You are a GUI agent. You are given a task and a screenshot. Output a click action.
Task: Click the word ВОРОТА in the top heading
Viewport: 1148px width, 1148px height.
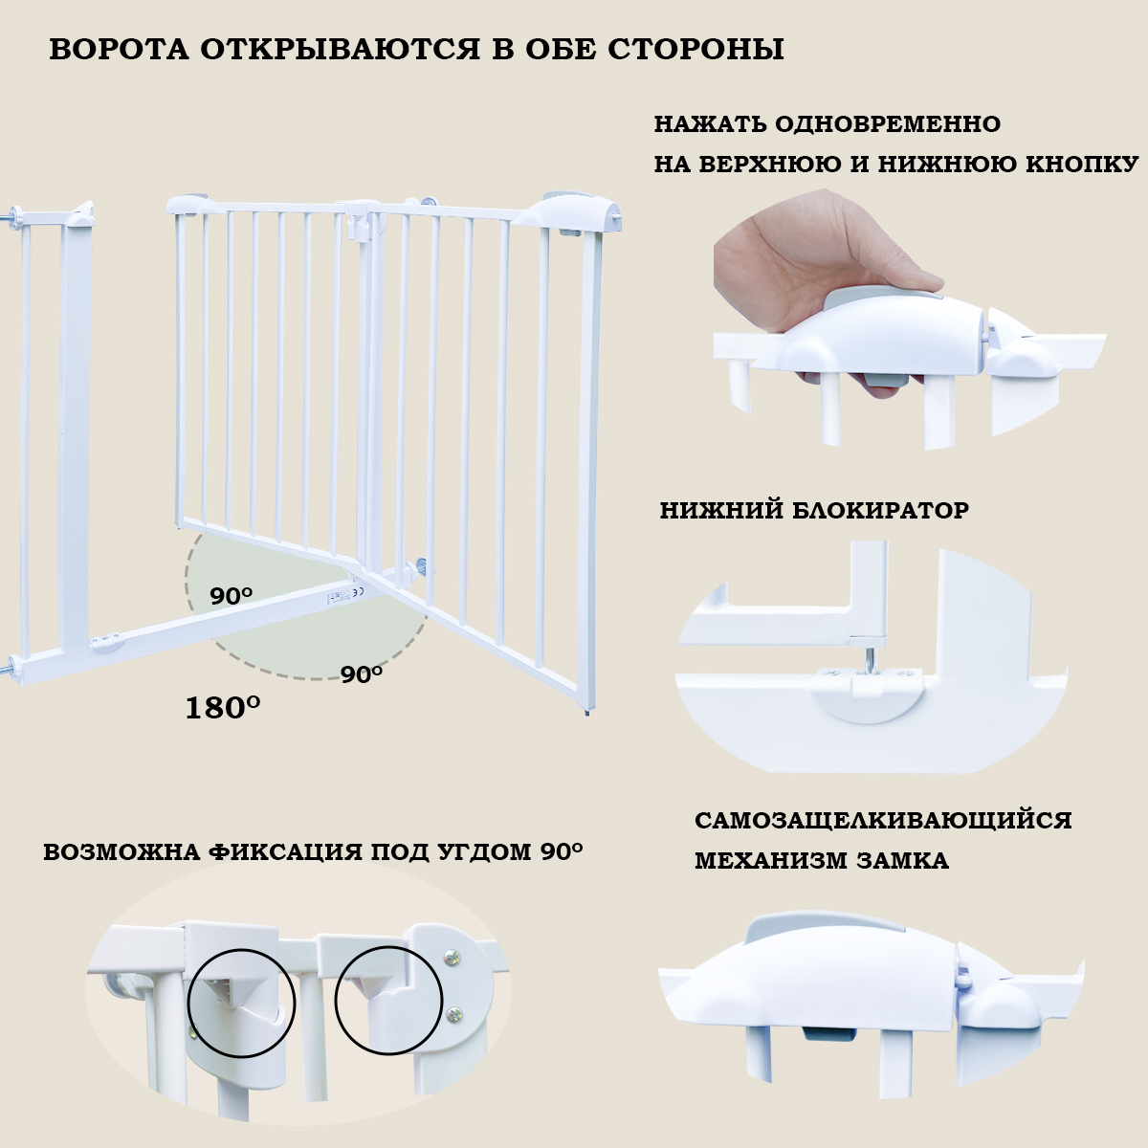(x=119, y=50)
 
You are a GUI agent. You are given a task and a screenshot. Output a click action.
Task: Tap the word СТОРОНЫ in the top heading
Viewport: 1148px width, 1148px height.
(x=695, y=50)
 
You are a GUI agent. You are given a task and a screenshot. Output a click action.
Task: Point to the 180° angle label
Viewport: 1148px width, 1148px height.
(x=223, y=708)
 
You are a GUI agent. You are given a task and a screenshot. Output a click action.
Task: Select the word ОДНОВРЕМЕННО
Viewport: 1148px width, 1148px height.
(x=888, y=124)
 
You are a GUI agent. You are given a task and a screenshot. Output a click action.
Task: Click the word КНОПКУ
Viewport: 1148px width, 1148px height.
(x=1082, y=164)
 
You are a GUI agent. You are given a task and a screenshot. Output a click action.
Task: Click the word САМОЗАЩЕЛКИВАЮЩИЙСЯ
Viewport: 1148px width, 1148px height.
(x=883, y=821)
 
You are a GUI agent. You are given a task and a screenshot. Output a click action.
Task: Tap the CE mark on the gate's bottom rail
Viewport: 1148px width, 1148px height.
(x=359, y=592)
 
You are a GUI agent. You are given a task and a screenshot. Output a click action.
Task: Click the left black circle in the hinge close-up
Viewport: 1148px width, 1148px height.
(x=242, y=1003)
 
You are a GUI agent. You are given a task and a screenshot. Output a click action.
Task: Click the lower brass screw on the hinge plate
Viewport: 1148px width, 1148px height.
(x=454, y=1013)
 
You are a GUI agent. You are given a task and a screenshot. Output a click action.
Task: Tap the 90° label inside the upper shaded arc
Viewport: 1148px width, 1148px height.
(x=231, y=595)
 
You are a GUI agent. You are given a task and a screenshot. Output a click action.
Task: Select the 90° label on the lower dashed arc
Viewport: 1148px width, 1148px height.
(x=362, y=673)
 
